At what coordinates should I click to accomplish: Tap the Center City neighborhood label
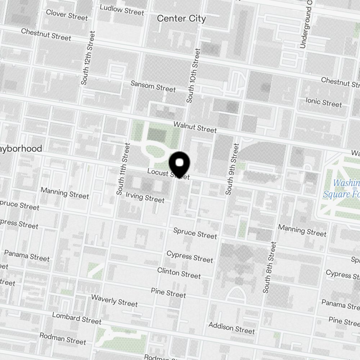click(x=181, y=19)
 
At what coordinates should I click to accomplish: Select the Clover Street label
click(x=67, y=15)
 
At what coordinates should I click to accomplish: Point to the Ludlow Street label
click(x=122, y=10)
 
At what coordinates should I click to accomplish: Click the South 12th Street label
click(x=87, y=58)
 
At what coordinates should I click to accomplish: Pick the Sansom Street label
click(x=153, y=86)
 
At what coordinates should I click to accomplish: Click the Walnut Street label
click(x=195, y=127)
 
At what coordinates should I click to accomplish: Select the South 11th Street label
click(x=123, y=169)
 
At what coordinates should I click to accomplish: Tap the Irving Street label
click(x=145, y=197)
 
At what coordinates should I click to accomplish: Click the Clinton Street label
click(x=179, y=273)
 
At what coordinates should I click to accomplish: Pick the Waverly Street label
click(x=114, y=301)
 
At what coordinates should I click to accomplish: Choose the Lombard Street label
click(x=76, y=318)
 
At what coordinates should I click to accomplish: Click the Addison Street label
click(x=231, y=328)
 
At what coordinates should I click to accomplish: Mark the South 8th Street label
click(x=270, y=267)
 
